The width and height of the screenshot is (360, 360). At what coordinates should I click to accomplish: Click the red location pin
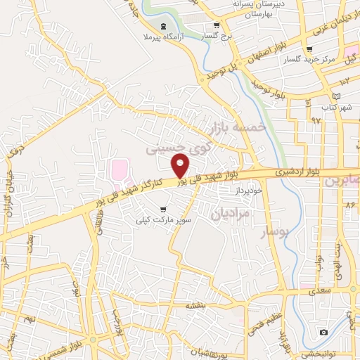pyautogui.click(x=181, y=165)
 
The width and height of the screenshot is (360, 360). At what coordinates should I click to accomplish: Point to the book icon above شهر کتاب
pyautogui.click(x=336, y=95)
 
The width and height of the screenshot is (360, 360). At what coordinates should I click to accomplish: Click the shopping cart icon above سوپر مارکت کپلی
pyautogui.click(x=164, y=209)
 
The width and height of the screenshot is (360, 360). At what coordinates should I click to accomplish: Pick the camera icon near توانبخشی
pyautogui.click(x=324, y=332)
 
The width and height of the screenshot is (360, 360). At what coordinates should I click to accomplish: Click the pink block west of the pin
pyautogui.click(x=120, y=169)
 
